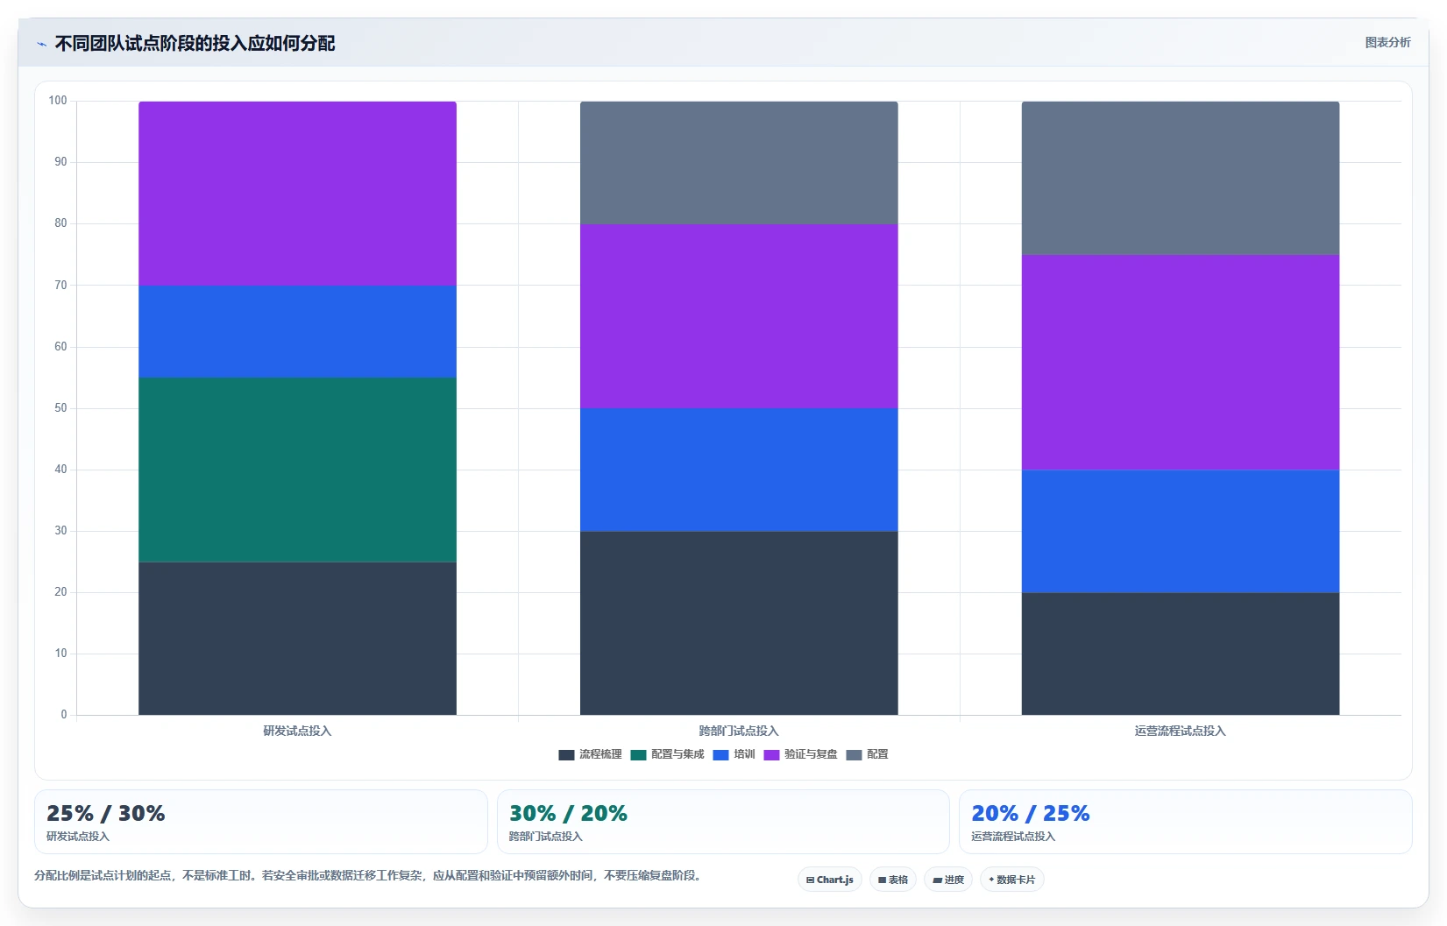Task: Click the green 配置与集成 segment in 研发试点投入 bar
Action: [x=297, y=470]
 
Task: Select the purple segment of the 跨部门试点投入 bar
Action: [x=738, y=315]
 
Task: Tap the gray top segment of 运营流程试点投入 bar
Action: [x=1181, y=178]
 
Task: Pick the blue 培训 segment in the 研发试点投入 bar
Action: [x=297, y=331]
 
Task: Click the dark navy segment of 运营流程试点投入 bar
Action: [x=1181, y=654]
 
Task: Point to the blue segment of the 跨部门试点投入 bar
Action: [x=738, y=470]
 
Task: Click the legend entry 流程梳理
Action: [x=591, y=754]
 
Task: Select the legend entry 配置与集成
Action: [x=667, y=754]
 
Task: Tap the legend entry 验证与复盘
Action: [x=800, y=754]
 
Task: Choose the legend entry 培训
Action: [x=734, y=754]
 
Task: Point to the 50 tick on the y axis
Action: [x=60, y=408]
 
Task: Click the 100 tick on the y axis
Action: [x=58, y=100]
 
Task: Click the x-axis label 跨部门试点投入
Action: [x=738, y=731]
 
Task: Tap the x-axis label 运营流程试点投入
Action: [x=1181, y=731]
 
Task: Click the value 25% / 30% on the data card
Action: [x=106, y=813]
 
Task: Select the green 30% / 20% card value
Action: [x=568, y=813]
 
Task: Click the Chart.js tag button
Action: [x=830, y=880]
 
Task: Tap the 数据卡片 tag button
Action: [x=1011, y=880]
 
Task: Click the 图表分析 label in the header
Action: [x=1387, y=43]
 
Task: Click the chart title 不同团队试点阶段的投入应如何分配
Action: [x=195, y=43]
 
